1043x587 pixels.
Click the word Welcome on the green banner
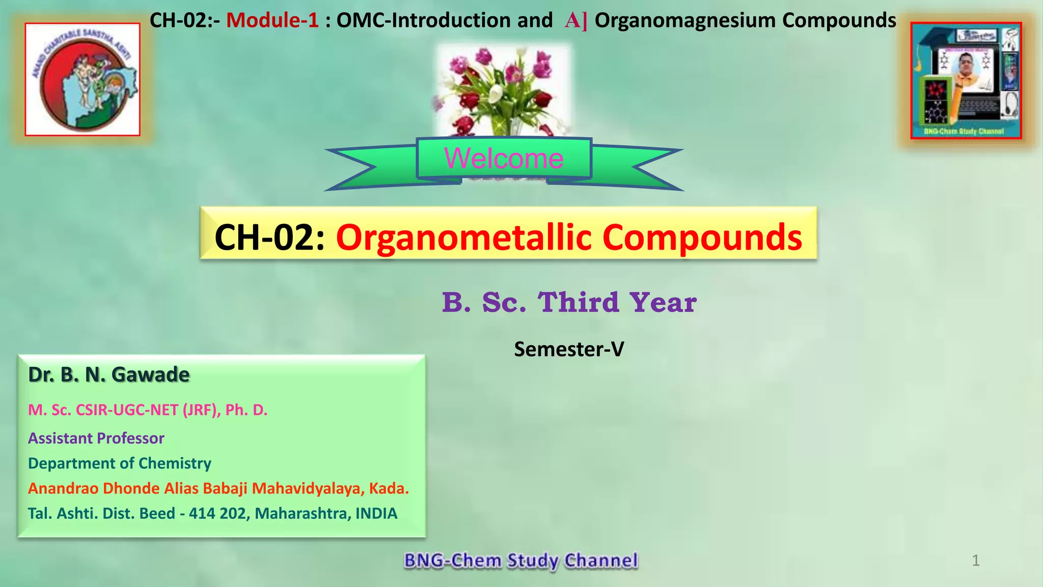point(504,158)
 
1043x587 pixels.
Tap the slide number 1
point(975,561)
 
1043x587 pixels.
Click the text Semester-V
point(568,350)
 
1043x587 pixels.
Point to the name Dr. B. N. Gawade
point(109,375)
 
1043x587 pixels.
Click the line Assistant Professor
point(96,438)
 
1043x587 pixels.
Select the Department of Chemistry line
point(120,463)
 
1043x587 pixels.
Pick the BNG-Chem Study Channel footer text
point(520,561)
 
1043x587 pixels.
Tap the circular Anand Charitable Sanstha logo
point(83,79)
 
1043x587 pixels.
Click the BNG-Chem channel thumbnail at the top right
point(966,81)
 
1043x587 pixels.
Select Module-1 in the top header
point(272,20)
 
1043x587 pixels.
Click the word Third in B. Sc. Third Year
point(578,302)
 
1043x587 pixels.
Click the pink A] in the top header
point(576,20)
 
